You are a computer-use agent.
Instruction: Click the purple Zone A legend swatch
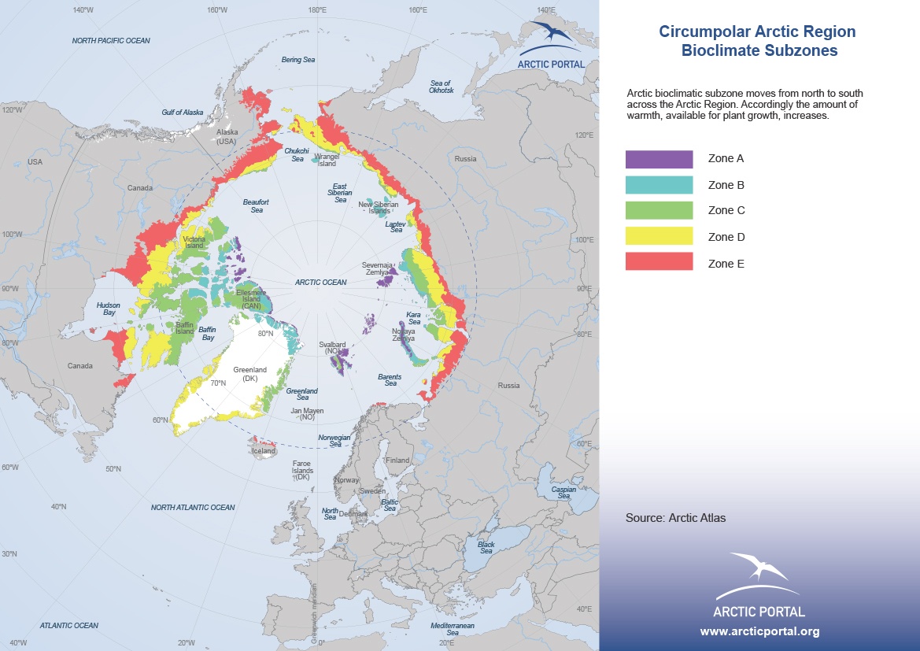point(659,159)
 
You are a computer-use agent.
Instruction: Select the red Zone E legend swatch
point(659,261)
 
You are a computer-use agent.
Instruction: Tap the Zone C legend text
point(726,210)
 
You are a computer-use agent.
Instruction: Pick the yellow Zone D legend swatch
point(659,235)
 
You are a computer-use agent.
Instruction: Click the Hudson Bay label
point(108,308)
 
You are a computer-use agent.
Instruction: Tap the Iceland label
point(263,451)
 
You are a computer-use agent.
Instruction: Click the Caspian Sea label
point(563,492)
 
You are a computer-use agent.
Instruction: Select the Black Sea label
point(486,547)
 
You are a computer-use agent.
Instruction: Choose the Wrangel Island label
point(326,161)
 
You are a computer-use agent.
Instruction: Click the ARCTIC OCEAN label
point(320,282)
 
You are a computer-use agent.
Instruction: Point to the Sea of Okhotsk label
point(442,87)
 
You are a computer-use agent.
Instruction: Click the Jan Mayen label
point(307,413)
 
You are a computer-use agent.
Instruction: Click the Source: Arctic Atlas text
point(675,518)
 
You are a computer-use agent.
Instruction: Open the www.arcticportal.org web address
point(759,631)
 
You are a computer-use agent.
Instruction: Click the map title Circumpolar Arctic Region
point(756,32)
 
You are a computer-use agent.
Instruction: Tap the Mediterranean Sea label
point(453,628)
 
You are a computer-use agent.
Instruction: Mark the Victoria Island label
point(194,242)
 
